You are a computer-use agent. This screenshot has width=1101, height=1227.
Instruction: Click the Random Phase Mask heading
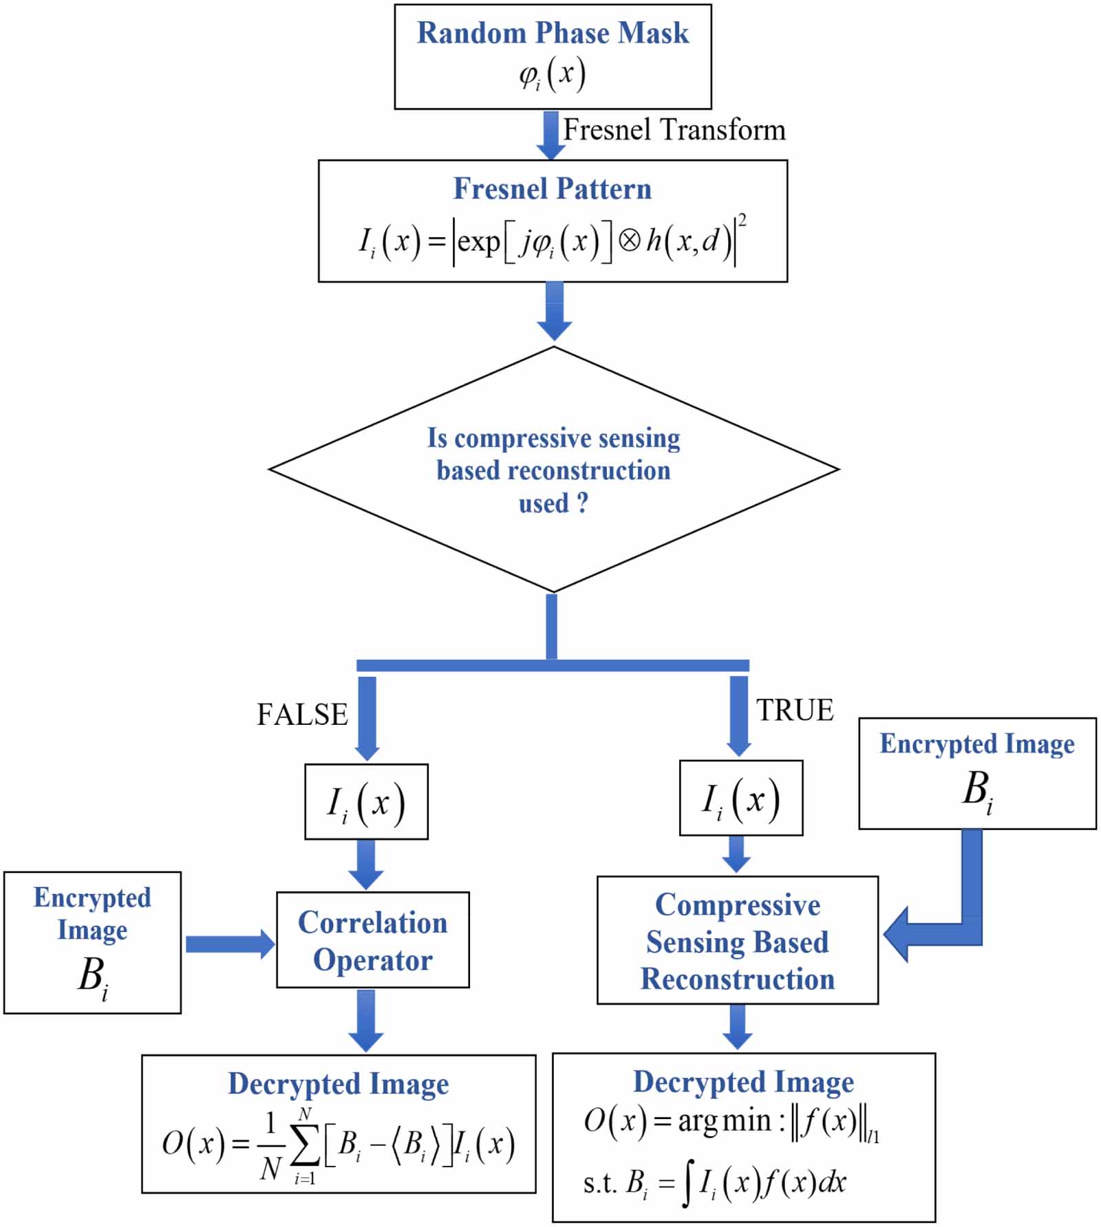click(553, 33)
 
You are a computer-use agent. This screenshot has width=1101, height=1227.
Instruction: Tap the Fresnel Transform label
click(674, 130)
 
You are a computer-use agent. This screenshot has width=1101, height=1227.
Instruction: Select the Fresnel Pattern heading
click(552, 188)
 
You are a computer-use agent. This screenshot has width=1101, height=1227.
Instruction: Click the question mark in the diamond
click(582, 503)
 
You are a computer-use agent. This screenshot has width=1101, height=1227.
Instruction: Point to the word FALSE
click(302, 715)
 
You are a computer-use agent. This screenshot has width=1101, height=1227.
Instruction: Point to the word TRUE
click(795, 710)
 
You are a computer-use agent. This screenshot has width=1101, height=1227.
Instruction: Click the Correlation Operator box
click(372, 940)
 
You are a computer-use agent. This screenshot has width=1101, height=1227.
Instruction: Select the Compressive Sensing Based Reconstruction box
click(737, 940)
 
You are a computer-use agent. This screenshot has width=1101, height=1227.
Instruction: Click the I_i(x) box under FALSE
click(366, 802)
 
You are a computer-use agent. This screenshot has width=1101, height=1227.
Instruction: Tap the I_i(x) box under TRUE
click(740, 798)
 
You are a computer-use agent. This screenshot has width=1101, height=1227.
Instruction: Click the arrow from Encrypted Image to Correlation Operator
click(229, 944)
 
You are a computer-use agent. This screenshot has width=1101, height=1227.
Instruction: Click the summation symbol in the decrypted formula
click(304, 1144)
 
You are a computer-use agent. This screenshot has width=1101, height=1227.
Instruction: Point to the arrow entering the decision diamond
click(554, 311)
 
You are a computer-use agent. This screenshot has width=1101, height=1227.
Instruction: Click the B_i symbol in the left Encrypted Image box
click(92, 977)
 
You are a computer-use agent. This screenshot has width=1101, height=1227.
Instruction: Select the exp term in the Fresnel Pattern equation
click(478, 241)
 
